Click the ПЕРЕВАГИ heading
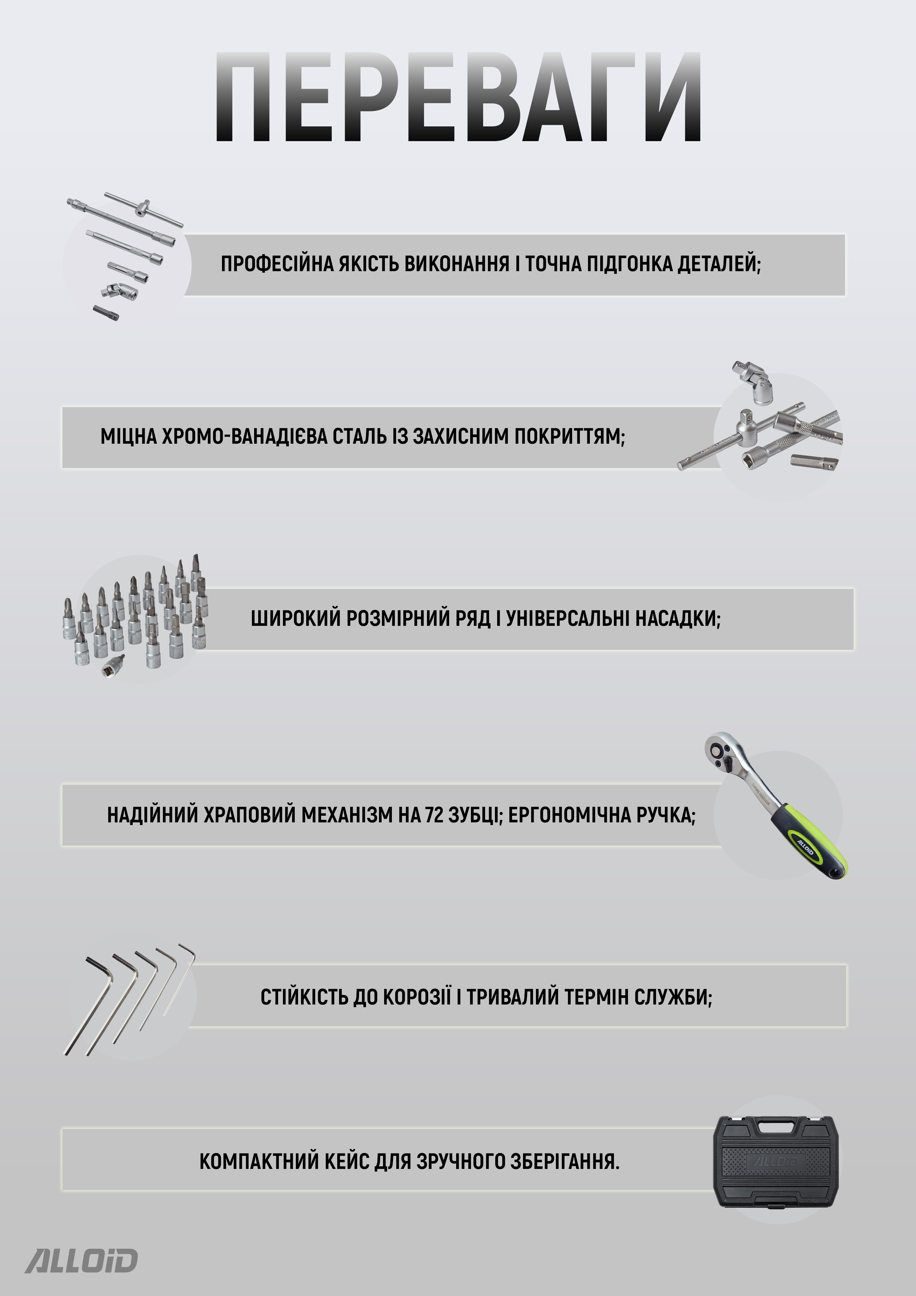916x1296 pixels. point(458,97)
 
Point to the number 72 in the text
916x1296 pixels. point(434,815)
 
